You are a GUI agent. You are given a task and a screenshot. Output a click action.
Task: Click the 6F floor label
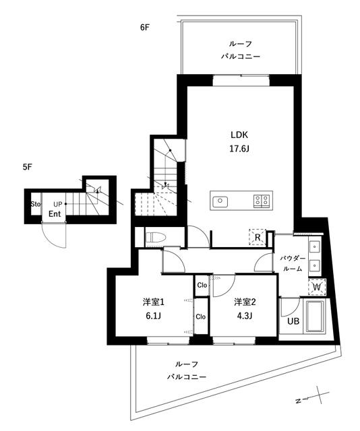[x=145, y=28]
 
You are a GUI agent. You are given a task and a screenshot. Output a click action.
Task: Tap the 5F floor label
[x=28, y=167]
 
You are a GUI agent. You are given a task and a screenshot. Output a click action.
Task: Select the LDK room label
[x=239, y=135]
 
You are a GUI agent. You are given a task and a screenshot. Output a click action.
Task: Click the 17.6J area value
[x=239, y=149]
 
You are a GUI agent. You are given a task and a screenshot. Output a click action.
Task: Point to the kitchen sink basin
[x=220, y=201]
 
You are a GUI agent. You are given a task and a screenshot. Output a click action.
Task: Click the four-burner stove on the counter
[x=262, y=201]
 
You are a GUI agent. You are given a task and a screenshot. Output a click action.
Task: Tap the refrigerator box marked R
[x=258, y=237]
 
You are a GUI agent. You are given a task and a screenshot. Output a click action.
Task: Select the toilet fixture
[x=156, y=237]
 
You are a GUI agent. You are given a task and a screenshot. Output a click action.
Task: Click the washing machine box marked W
[x=317, y=288]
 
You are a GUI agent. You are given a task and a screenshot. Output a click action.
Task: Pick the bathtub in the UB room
[x=316, y=317]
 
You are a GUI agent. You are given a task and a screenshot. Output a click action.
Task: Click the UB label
[x=293, y=321]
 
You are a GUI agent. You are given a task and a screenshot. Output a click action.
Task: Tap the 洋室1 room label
[x=153, y=302]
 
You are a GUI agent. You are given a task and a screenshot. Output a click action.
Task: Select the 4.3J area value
[x=245, y=316]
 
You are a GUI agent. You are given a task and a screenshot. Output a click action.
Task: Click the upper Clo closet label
[x=202, y=286]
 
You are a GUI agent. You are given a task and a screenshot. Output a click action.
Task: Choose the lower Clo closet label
[x=201, y=317]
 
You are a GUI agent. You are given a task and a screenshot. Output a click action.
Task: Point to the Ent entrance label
[x=55, y=214]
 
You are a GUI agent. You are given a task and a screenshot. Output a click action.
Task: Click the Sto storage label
[x=36, y=204]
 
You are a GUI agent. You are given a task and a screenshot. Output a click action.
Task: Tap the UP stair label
[x=57, y=204]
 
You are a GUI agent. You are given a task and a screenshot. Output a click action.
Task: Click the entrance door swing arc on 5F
[x=49, y=239]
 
